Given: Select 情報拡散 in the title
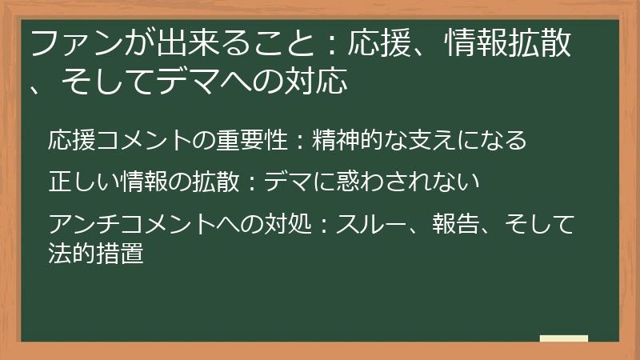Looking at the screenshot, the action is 508,43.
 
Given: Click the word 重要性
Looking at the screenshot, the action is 252,140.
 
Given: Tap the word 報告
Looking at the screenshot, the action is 455,224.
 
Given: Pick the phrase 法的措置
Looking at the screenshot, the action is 96,253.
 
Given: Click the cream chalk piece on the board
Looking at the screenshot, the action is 564,338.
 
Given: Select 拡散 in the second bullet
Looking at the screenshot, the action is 216,182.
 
